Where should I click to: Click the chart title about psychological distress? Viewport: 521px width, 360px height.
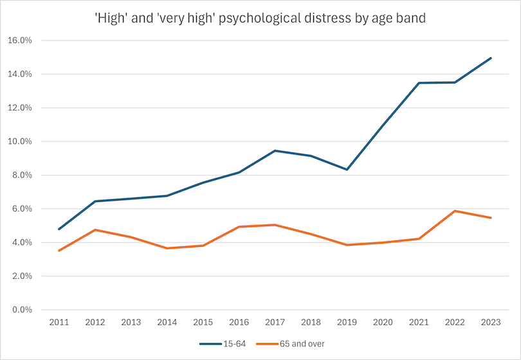[x=260, y=18]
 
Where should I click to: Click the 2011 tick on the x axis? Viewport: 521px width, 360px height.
[x=59, y=322]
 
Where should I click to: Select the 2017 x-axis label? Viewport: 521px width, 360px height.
[x=275, y=322]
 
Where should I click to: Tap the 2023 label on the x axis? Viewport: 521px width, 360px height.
[x=491, y=322]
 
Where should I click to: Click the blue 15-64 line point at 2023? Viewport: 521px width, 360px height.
[x=491, y=58]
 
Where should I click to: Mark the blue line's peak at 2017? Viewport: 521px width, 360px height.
[x=275, y=150]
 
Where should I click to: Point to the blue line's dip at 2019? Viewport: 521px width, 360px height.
[x=347, y=170]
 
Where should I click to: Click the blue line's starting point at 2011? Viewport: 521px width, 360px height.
[x=59, y=229]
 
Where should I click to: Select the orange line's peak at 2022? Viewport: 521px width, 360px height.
[x=455, y=211]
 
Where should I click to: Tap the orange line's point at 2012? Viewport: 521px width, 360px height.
[x=95, y=230]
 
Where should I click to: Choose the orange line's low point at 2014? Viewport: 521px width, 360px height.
[x=167, y=248]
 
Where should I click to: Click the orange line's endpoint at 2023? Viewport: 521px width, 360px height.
[x=491, y=218]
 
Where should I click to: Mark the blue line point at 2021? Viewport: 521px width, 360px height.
[x=419, y=83]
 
